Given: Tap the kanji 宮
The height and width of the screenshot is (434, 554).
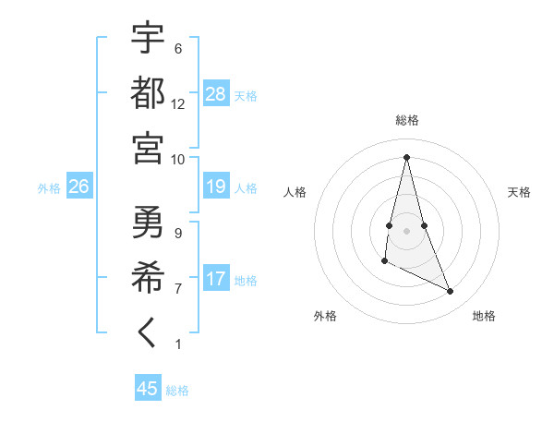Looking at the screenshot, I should tap(149, 147).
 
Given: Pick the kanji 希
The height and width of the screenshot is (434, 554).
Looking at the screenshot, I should tap(149, 277).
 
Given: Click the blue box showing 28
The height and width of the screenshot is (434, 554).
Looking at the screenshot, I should tap(216, 93).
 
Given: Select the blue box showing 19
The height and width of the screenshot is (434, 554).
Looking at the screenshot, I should tap(216, 187).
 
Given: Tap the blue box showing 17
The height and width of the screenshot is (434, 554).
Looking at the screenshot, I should tap(216, 279).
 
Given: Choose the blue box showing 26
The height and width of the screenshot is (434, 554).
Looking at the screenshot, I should tap(78, 187).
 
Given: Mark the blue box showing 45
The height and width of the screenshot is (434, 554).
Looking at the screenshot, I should tap(148, 389).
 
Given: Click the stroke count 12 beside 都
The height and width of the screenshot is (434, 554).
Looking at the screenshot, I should tap(178, 103).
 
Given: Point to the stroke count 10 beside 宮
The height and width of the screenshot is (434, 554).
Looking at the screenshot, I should tap(178, 159).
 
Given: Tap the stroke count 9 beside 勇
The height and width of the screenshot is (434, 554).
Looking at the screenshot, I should tap(178, 233).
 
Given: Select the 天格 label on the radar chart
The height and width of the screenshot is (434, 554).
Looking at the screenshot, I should tap(519, 192).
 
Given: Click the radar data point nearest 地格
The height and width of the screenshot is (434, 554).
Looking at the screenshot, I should tap(451, 292).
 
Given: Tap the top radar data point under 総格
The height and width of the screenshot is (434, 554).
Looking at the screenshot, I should tap(407, 156).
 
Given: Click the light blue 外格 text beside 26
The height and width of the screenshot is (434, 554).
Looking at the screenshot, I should tap(49, 188).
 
